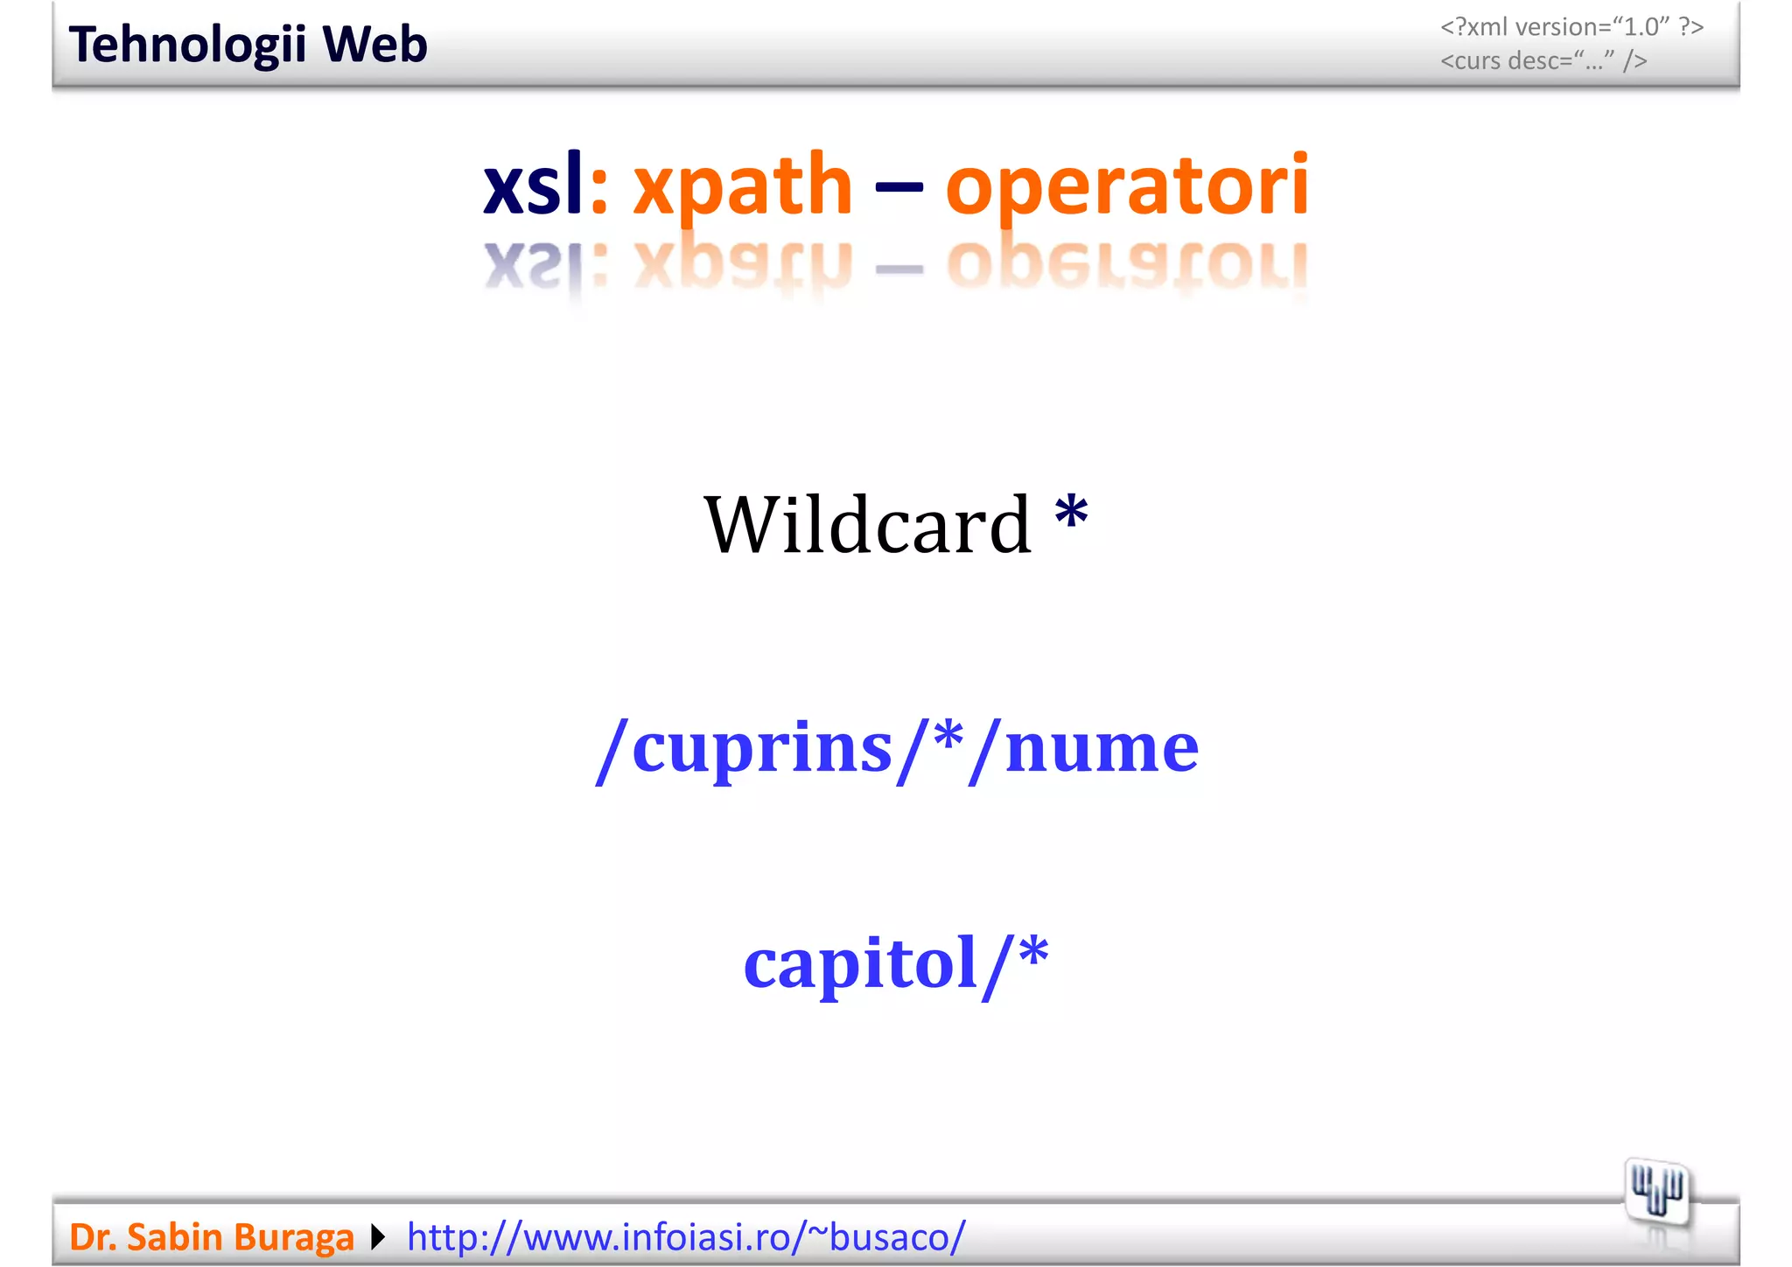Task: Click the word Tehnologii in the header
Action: coord(187,45)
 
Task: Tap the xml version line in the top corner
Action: coord(1571,27)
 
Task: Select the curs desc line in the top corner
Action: coord(1543,61)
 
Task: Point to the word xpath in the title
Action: coord(742,186)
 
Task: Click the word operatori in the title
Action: coord(1127,186)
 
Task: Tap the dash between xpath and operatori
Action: coord(899,186)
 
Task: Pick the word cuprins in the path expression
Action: coord(761,749)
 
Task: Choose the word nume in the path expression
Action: coord(1102,749)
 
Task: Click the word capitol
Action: coord(860,962)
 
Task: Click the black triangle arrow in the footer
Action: coord(378,1237)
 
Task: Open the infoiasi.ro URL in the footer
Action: coord(686,1237)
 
